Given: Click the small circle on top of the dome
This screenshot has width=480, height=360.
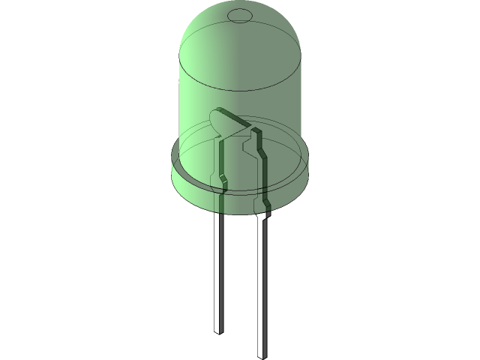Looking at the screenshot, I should coord(240,15).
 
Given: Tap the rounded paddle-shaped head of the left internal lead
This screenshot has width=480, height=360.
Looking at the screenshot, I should coord(220,122).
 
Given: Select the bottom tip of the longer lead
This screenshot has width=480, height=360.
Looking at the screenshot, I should coord(262,352).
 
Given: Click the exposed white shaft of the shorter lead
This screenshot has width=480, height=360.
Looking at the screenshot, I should coord(217,270).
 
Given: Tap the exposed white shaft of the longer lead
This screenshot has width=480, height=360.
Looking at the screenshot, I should coord(262,285).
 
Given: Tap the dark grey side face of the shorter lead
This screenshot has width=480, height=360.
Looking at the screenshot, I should coord(223,270).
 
